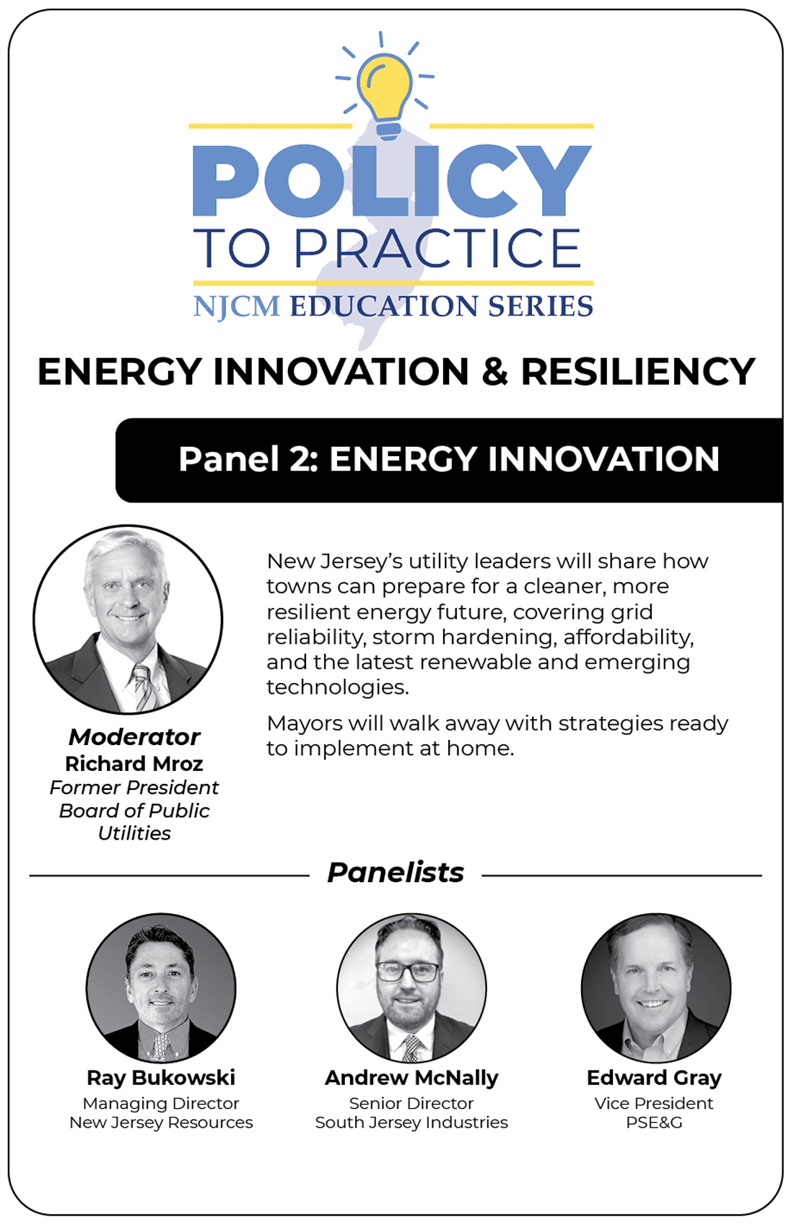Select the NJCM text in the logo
coord(237,306)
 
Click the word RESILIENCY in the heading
coord(638,372)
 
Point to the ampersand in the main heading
coord(495,372)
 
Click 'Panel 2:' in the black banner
coord(249,459)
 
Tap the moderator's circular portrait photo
coord(128,619)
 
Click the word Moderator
coord(134,737)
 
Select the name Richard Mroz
coord(134,763)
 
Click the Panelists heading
coord(396,873)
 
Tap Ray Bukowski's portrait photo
coord(161,988)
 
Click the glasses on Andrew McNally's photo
coord(409,972)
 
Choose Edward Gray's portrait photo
coord(656,988)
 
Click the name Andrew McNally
coord(411,1078)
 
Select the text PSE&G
coord(654,1122)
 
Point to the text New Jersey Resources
coord(161,1123)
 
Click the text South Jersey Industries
coord(411,1123)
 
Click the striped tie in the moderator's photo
coord(144,687)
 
